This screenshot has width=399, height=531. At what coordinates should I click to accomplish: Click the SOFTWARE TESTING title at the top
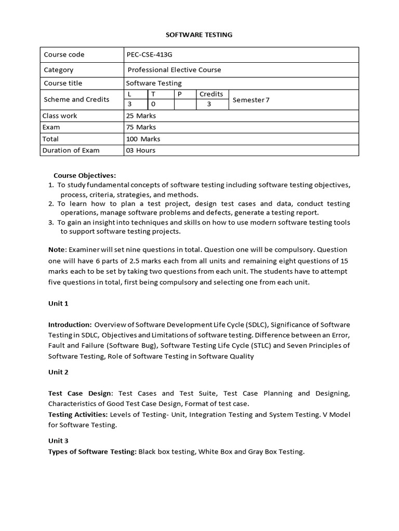pyautogui.click(x=199, y=35)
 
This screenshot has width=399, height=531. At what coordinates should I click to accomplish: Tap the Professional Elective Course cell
pyautogui.click(x=175, y=69)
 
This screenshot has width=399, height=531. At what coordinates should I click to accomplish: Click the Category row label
pyautogui.click(x=59, y=69)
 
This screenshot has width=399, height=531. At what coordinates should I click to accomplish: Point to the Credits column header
pyautogui.click(x=211, y=94)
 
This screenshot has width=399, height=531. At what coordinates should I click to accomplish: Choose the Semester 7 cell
pyautogui.click(x=251, y=100)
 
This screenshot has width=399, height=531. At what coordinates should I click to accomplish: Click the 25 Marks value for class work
pyautogui.click(x=141, y=116)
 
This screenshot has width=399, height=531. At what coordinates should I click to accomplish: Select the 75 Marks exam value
pyautogui.click(x=141, y=127)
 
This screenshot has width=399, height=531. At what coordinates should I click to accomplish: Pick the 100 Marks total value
pyautogui.click(x=143, y=139)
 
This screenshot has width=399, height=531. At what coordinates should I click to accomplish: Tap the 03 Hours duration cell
pyautogui.click(x=141, y=150)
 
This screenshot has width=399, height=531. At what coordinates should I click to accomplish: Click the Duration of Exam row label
pyautogui.click(x=72, y=150)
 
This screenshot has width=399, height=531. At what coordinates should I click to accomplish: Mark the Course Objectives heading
pyautogui.click(x=85, y=175)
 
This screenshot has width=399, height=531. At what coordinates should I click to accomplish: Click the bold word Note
pyautogui.click(x=57, y=249)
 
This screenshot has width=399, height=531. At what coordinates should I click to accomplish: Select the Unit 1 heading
pyautogui.click(x=58, y=303)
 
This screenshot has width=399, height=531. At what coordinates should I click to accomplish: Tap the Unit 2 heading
pyautogui.click(x=58, y=372)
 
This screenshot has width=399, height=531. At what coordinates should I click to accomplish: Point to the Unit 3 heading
pyautogui.click(x=58, y=441)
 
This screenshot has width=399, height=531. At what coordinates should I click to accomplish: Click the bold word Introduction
pyautogui.click(x=70, y=325)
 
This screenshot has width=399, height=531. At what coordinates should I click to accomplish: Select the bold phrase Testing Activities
pyautogui.click(x=78, y=414)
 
